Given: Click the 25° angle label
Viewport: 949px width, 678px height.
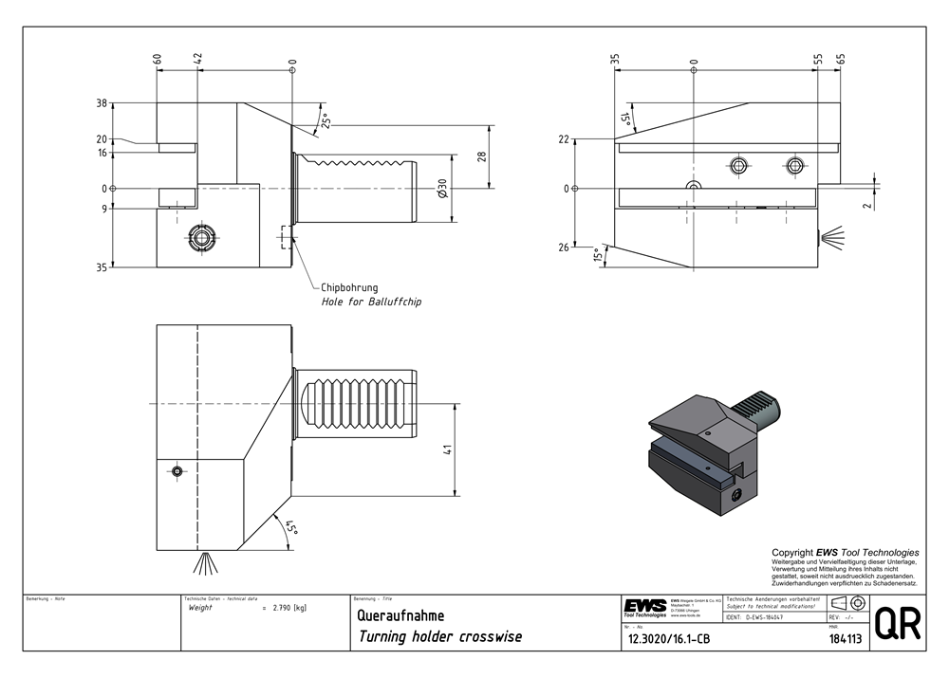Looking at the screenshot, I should (x=326, y=121).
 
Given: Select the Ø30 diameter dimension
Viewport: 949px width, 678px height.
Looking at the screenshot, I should (x=443, y=188).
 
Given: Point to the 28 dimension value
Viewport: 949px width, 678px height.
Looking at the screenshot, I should (x=481, y=156).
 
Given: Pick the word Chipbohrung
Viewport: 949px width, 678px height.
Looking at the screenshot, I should (x=349, y=287).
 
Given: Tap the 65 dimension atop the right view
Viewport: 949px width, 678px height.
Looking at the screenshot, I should (x=841, y=59).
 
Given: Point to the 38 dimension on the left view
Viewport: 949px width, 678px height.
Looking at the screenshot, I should (x=102, y=103).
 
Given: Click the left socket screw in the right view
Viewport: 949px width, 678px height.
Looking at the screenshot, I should (x=738, y=166).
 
